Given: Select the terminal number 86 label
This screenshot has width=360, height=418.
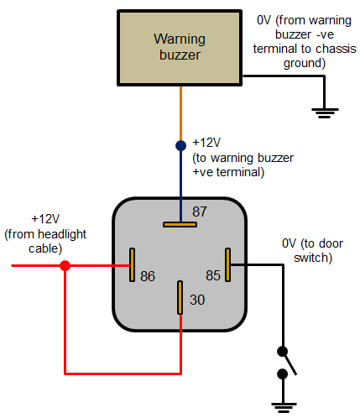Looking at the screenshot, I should (x=148, y=275).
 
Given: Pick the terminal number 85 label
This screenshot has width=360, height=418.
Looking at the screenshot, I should (x=214, y=275).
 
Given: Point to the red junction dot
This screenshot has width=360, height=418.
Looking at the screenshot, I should (x=65, y=265).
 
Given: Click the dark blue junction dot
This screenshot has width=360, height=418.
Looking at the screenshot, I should (x=180, y=145).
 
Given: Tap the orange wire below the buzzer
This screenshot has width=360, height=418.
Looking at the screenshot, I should (x=180, y=113).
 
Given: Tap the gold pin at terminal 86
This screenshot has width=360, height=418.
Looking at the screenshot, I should (x=132, y=265).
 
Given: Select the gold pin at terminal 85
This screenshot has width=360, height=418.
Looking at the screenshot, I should (x=227, y=265).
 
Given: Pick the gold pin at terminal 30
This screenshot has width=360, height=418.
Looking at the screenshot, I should (x=180, y=297).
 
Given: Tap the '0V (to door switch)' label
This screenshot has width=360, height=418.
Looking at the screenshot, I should (x=306, y=250).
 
